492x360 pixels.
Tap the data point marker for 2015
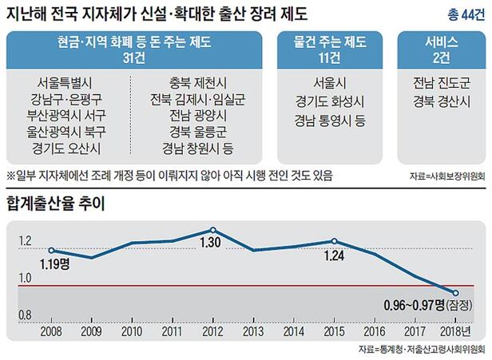[335, 240]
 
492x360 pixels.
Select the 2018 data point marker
[456, 293]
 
